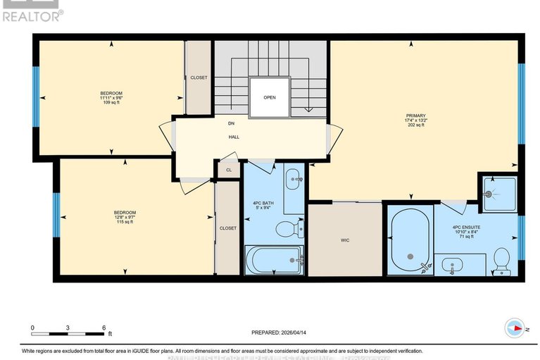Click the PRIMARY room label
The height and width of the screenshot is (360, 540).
(415, 116)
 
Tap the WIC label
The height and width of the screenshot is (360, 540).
(344, 240)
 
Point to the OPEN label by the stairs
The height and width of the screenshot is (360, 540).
(269, 98)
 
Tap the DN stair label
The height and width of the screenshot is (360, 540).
(230, 124)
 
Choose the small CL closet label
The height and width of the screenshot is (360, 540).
(229, 170)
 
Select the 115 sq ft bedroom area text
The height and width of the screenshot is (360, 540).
(125, 222)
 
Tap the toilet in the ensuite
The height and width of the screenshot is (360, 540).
(502, 258)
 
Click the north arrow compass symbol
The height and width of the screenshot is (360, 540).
(515, 328)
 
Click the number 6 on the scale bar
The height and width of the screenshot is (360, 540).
(103, 328)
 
